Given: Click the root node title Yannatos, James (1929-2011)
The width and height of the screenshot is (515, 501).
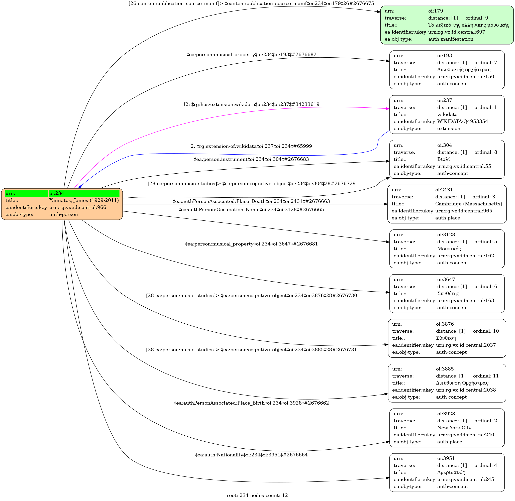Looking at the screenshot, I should [x=84, y=200].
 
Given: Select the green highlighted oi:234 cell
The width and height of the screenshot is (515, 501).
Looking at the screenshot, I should [x=84, y=193].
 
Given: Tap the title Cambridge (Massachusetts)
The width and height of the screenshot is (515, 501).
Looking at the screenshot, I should [x=468, y=204].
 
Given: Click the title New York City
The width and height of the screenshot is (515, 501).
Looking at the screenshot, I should [x=454, y=428].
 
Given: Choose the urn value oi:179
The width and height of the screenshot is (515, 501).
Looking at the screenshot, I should [x=436, y=11].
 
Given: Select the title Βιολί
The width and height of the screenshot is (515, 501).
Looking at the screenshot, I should [x=443, y=159].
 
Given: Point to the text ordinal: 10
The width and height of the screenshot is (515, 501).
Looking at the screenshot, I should [x=486, y=331].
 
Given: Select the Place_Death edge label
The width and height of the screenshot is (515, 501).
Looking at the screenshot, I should [x=251, y=201].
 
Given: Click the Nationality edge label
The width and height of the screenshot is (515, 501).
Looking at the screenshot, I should [x=251, y=455].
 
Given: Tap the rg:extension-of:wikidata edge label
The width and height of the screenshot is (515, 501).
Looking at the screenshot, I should [x=251, y=146].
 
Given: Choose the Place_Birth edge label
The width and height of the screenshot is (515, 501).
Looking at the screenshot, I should [x=251, y=403].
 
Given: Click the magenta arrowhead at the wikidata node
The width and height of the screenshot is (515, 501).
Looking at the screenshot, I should [x=388, y=108].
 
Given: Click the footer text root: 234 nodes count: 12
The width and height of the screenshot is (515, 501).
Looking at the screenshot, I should [x=257, y=495].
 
